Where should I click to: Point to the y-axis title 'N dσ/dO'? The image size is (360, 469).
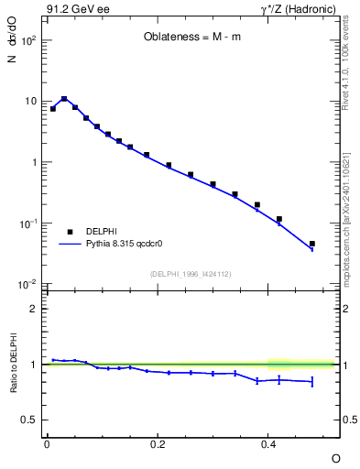tap(12, 56)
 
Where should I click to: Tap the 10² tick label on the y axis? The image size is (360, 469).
tap(28, 41)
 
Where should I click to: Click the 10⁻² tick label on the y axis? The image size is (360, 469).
tap(28, 285)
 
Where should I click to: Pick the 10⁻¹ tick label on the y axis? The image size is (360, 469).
tap(28, 224)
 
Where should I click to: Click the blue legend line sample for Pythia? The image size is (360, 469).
tap(69, 245)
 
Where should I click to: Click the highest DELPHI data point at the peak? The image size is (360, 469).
tap(64, 99)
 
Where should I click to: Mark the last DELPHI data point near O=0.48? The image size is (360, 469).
tap(312, 244)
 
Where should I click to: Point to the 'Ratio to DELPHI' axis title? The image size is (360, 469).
tap(12, 363)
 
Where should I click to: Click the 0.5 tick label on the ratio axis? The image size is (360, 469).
tap(28, 420)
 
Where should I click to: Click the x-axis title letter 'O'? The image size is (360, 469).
tap(335, 457)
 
